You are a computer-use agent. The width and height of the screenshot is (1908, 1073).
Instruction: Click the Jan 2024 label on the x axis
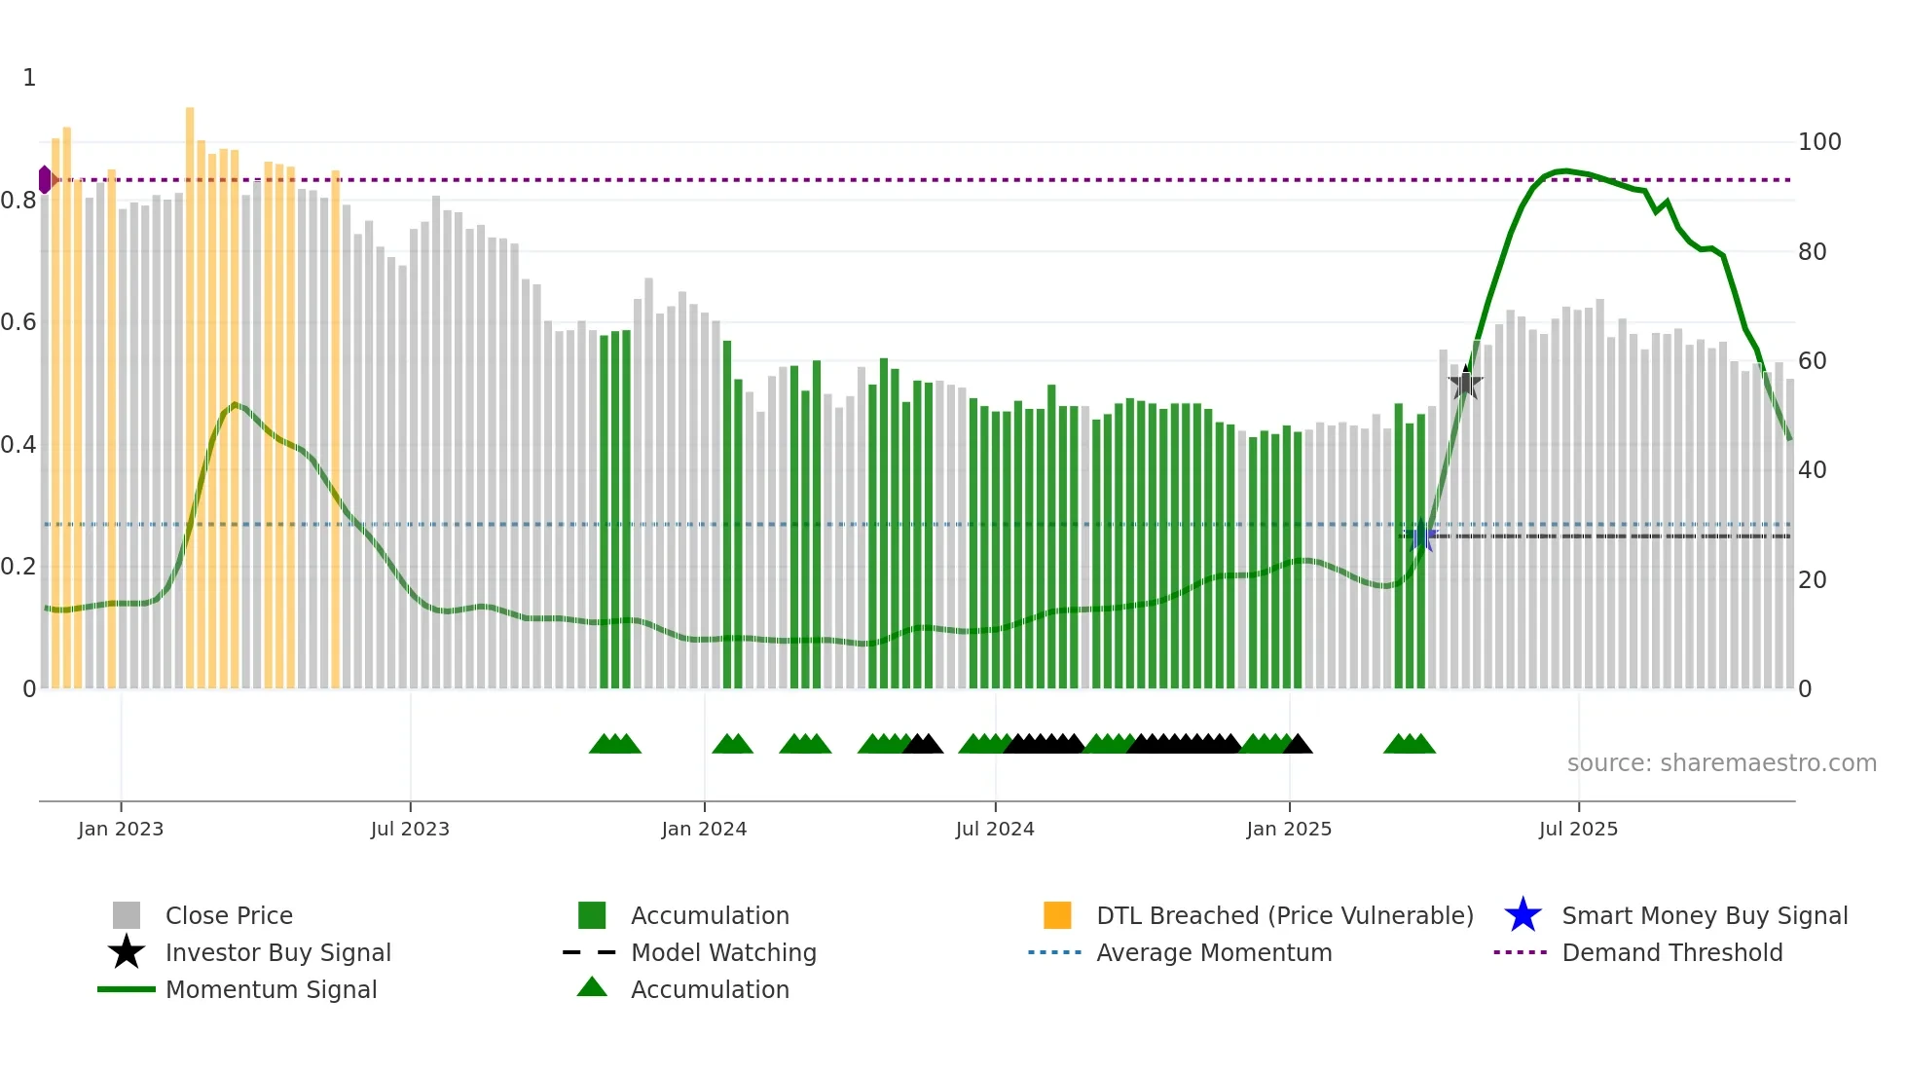(704, 830)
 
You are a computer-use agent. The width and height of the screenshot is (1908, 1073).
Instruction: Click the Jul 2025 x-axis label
(1578, 830)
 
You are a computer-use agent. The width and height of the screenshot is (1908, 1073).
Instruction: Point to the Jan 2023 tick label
(121, 830)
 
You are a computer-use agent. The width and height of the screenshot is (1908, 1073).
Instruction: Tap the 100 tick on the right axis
(1818, 142)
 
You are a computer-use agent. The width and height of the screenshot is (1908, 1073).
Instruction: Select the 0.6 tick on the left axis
(18, 322)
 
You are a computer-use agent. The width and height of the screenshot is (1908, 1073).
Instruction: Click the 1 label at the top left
(29, 78)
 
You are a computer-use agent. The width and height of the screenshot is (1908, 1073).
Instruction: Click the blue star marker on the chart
(1421, 535)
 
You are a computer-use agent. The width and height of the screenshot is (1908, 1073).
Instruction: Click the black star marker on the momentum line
(1465, 383)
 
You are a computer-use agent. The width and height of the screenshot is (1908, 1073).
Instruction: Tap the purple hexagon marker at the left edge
(45, 179)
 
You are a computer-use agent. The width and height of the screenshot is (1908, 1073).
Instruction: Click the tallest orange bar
(190, 389)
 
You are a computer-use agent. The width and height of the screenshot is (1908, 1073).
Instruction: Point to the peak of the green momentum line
(1562, 171)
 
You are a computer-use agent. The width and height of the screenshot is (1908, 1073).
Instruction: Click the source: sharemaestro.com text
(1721, 763)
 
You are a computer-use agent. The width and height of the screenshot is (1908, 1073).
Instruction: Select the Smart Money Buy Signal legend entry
(1704, 916)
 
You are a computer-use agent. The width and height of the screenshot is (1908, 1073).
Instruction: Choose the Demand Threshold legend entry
(1671, 953)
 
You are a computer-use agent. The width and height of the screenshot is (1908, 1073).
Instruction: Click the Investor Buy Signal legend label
(277, 953)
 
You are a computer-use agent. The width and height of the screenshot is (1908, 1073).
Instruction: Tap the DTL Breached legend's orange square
(1057, 915)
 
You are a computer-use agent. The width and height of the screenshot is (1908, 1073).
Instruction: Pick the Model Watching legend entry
(722, 953)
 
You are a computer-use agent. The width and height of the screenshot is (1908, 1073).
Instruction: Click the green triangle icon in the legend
(592, 987)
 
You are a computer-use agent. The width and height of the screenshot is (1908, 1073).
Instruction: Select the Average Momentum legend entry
(1213, 953)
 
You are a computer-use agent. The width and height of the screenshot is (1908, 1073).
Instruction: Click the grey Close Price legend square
(127, 915)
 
